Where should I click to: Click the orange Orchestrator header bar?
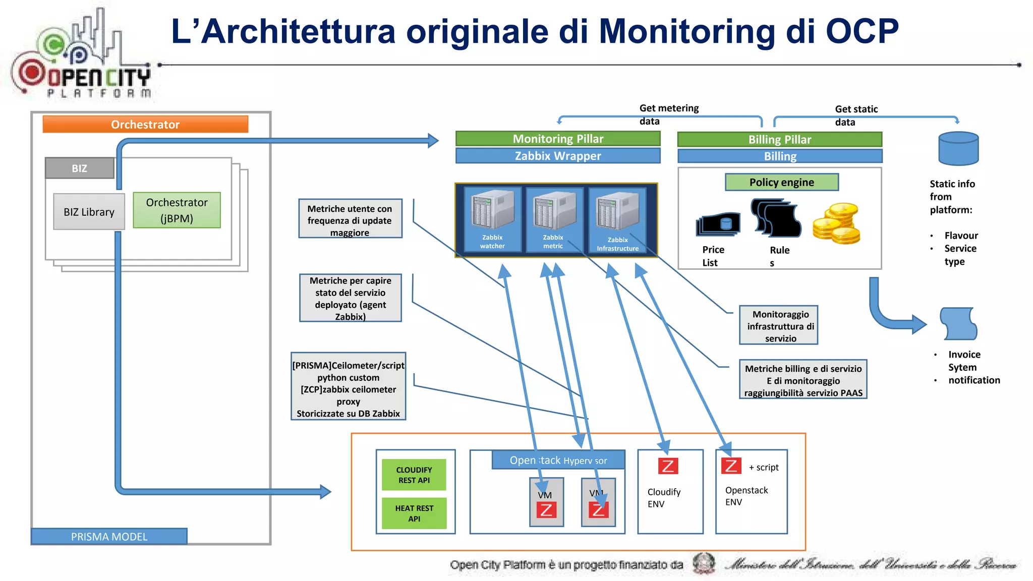pyautogui.click(x=145, y=125)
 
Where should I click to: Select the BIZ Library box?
pyautogui.click(x=89, y=212)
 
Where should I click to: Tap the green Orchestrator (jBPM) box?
pyautogui.click(x=177, y=210)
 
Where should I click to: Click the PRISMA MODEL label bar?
pyautogui.click(x=109, y=537)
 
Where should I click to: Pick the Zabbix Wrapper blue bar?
pyautogui.click(x=557, y=156)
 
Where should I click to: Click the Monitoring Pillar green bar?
pyautogui.click(x=557, y=139)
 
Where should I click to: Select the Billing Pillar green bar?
pyautogui.click(x=779, y=139)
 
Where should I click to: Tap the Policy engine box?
pyautogui.click(x=781, y=182)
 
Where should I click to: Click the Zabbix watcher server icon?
pyautogui.click(x=492, y=212)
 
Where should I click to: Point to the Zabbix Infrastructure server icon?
pyautogui.click(x=617, y=214)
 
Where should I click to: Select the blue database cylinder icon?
pyautogui.click(x=958, y=149)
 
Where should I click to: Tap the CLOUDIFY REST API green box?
pyautogui.click(x=414, y=475)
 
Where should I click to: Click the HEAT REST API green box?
pyautogui.click(x=414, y=513)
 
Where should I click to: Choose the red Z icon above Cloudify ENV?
pyautogui.click(x=668, y=466)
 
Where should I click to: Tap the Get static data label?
pyautogui.click(x=855, y=115)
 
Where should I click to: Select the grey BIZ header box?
pyautogui.click(x=79, y=168)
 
